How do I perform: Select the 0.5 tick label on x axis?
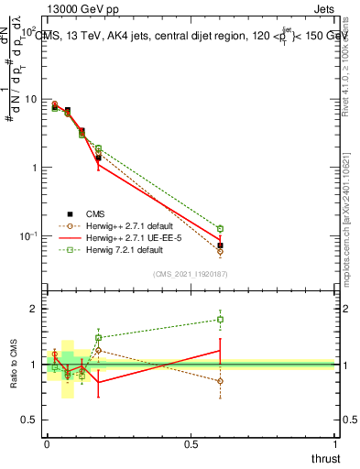pos(191,444)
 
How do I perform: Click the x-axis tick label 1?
pos(334,444)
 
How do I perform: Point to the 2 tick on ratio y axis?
pos(34,309)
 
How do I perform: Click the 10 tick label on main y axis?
pos(28,99)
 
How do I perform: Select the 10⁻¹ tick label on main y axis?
pos(27,236)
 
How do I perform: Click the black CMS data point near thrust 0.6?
pos(220,245)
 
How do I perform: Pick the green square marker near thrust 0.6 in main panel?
pos(220,228)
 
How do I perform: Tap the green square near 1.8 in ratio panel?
pos(220,320)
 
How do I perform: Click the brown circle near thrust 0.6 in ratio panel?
pos(220,381)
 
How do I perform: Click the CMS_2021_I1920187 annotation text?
pos(191,274)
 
